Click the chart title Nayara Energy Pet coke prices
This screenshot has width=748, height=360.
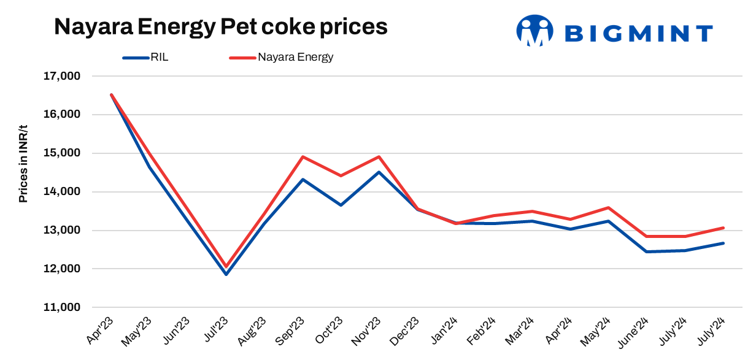point(221,27)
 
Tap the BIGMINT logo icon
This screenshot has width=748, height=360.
point(535,31)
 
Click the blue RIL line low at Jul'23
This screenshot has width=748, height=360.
point(226,274)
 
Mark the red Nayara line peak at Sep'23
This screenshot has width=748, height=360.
point(303,156)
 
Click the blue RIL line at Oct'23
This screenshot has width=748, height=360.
point(341,204)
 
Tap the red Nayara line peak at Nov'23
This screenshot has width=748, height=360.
point(379,156)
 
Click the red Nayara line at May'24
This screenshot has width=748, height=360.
point(608,207)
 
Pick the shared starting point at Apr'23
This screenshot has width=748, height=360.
point(111,95)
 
